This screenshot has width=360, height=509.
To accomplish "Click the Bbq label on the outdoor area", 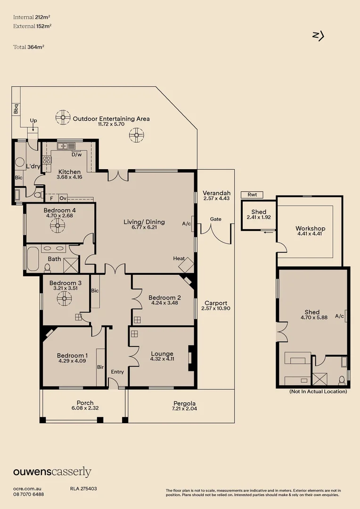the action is [x=16, y=109].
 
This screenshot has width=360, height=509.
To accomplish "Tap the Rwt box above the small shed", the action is [x=252, y=195].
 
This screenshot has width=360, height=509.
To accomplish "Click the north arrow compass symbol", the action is [x=319, y=36].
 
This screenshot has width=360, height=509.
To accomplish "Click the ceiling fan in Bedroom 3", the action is [x=64, y=298].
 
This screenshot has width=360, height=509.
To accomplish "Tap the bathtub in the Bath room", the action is [x=33, y=259].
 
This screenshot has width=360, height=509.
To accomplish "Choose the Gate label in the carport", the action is [x=215, y=219].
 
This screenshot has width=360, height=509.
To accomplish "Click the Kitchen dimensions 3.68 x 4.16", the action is [x=69, y=177].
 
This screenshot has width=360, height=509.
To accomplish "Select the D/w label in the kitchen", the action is [x=77, y=155].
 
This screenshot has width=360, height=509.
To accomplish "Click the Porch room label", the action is [x=85, y=403].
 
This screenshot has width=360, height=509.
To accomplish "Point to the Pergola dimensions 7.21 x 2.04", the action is [x=184, y=409].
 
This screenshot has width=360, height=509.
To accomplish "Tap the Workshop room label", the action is [x=311, y=228].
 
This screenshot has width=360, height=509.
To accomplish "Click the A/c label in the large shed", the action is [x=339, y=316].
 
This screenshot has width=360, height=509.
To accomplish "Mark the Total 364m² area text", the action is [x=29, y=47].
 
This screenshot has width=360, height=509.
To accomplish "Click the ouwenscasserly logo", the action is [x=52, y=472].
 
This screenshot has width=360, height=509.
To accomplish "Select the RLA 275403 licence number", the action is [x=83, y=489].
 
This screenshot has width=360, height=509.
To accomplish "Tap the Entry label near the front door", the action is [x=117, y=372].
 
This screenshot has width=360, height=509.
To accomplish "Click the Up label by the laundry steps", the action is [x=33, y=121].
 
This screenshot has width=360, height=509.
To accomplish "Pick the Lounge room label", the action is [x=162, y=354].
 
